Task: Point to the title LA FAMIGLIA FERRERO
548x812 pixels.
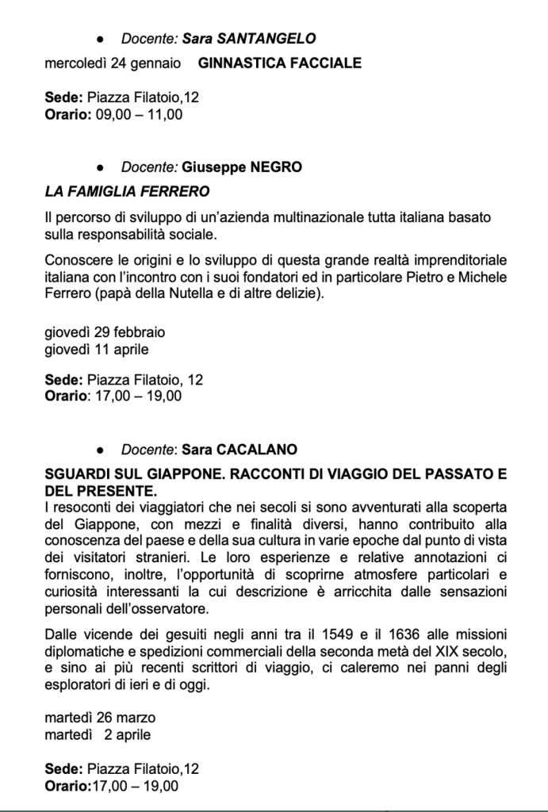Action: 127,191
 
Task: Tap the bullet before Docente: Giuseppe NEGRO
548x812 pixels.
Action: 99,168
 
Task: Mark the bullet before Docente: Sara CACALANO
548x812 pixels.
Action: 99,450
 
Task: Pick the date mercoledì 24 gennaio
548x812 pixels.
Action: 112,63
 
